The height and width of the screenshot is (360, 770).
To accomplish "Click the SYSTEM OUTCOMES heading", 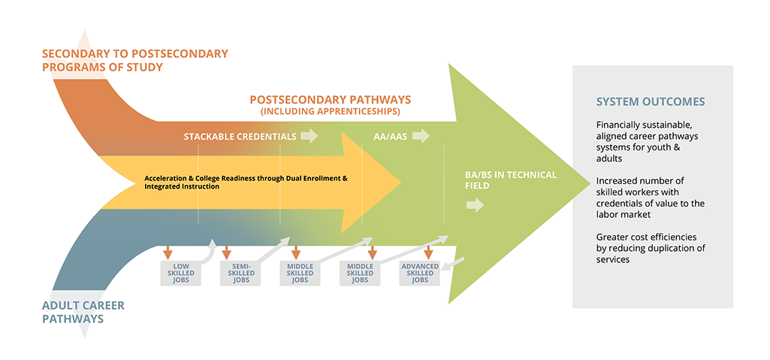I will tap(651, 101).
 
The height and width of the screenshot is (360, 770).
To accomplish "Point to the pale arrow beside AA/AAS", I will tap(421, 136).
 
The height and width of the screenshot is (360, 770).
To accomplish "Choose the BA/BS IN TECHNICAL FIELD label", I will tap(511, 180).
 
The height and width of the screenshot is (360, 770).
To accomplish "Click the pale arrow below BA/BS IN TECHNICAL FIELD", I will tap(475, 205).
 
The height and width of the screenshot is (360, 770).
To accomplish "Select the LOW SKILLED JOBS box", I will tap(182, 273).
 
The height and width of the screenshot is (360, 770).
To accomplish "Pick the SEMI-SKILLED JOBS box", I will tap(241, 273).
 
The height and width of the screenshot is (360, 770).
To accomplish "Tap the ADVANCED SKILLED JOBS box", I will tap(420, 273).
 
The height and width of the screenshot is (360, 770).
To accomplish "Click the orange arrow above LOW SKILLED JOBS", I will tap(168, 252).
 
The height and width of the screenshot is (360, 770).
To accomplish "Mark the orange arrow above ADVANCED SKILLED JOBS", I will tap(427, 252).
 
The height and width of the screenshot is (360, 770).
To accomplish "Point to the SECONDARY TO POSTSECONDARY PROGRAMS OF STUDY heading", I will tap(134, 60).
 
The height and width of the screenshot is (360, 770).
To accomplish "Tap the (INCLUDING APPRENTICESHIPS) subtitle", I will tap(330, 111).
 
